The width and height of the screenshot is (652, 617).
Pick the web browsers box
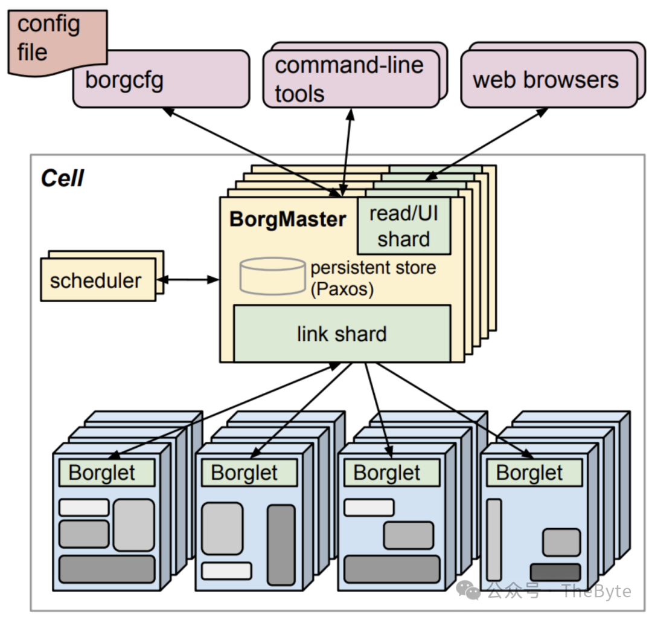[546, 80]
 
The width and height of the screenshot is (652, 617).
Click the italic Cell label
[62, 178]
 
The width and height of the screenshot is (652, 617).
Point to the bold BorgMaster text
[288, 219]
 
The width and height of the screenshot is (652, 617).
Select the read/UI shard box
[403, 226]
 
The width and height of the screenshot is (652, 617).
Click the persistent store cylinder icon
[272, 276]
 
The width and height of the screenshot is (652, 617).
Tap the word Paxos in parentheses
[342, 289]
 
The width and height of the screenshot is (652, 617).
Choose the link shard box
[342, 334]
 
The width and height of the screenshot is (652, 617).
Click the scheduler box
[96, 281]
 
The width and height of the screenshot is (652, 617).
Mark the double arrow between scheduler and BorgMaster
[188, 279]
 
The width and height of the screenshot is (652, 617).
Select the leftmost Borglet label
[102, 473]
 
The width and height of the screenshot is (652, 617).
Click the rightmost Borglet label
[529, 473]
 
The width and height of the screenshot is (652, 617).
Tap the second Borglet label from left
[245, 473]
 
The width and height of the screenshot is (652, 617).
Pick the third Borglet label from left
[387, 473]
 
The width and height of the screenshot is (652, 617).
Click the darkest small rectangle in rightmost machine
[555, 572]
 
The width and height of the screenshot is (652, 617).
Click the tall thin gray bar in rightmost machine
[494, 540]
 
